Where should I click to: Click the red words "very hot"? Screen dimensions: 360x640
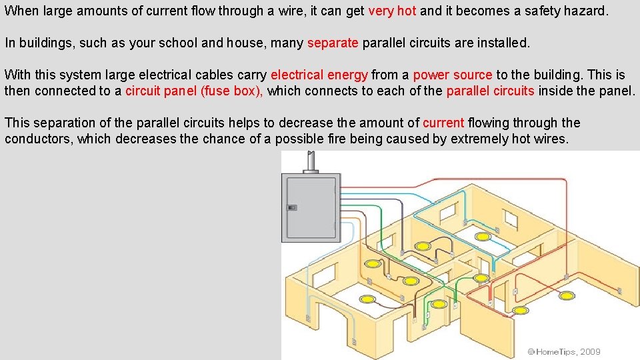point(392,11)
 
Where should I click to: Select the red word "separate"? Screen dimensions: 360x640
point(333,43)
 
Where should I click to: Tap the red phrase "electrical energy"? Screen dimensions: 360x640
point(319,75)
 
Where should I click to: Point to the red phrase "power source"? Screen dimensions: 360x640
point(453,75)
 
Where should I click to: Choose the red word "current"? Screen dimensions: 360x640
point(443,123)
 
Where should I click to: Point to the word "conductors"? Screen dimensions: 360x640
point(39,139)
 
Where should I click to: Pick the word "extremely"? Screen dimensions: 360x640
point(479,139)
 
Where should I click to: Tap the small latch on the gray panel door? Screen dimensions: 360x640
point(291,207)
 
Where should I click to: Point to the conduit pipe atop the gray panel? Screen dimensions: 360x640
point(309,161)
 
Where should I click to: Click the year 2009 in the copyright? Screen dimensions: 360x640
point(591,351)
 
